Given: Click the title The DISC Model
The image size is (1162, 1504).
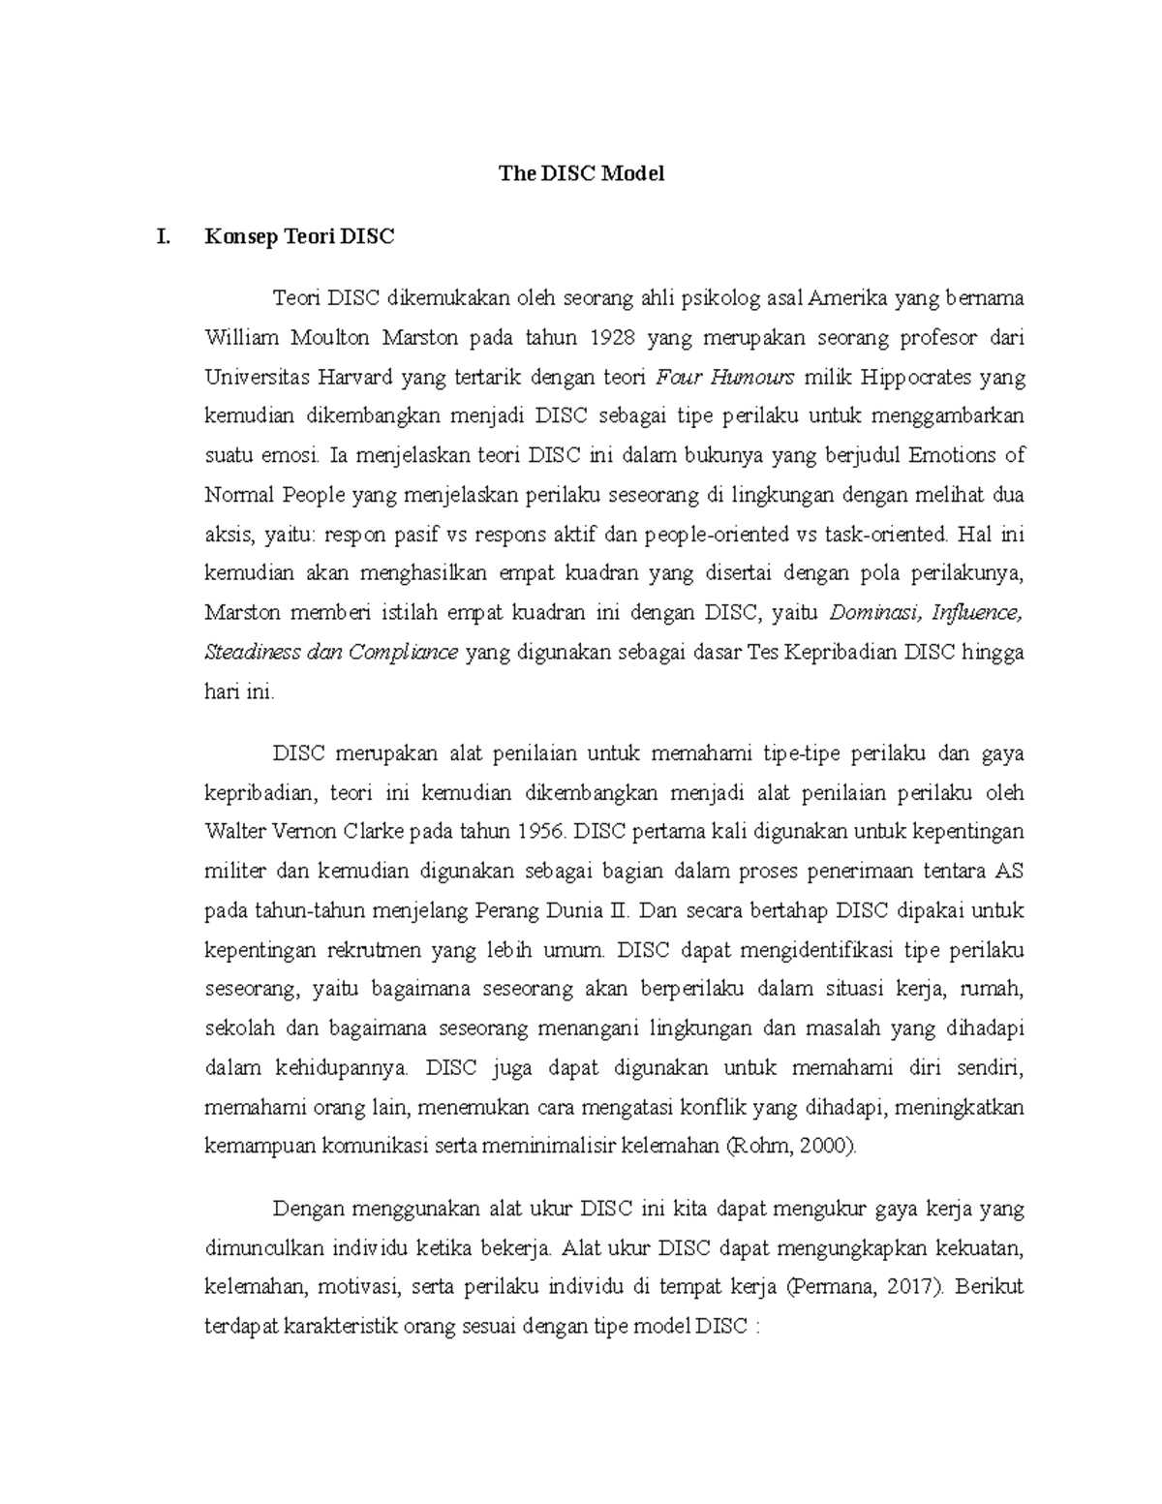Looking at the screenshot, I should (581, 174).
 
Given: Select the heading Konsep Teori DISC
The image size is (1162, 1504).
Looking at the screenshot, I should (299, 236).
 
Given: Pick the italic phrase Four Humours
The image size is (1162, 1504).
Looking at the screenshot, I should (725, 377).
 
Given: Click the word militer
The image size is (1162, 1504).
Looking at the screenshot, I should (235, 871).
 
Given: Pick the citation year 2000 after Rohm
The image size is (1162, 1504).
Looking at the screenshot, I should (831, 1147).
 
